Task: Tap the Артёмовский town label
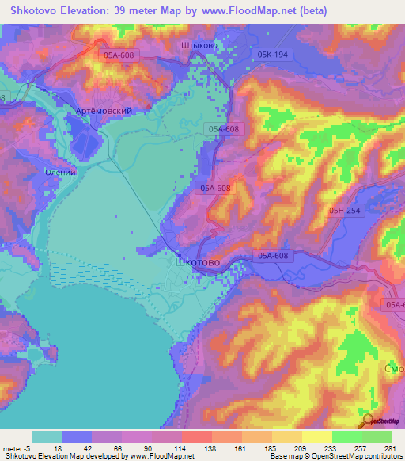pyautogui.click(x=103, y=112)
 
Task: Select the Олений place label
pyautogui.click(x=60, y=172)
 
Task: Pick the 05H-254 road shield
pyautogui.click(x=345, y=210)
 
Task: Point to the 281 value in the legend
pyautogui.click(x=388, y=448)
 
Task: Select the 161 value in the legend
pyautogui.click(x=240, y=448)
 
